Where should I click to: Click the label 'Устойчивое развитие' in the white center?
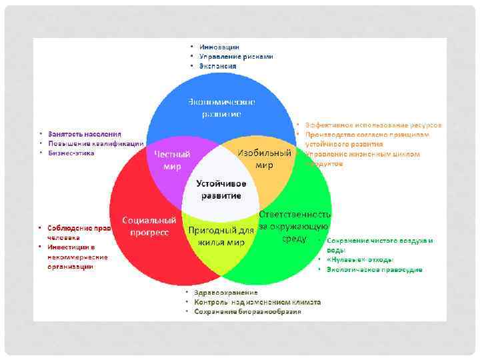(x=221, y=189)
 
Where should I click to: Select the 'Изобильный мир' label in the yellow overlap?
(x=265, y=158)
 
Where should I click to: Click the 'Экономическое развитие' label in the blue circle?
(x=221, y=108)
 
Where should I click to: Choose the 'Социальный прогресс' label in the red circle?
(x=149, y=226)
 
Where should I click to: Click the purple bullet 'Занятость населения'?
(x=84, y=134)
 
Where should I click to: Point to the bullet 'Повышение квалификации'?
(x=95, y=143)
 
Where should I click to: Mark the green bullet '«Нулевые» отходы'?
(x=360, y=259)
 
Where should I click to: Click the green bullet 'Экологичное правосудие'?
(x=374, y=269)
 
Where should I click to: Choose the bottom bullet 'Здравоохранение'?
(x=226, y=293)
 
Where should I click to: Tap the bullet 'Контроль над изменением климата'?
(x=257, y=302)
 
